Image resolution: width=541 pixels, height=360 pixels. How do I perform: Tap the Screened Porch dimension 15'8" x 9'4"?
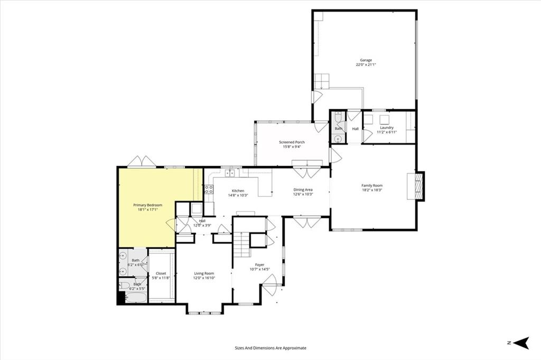[x=292, y=147]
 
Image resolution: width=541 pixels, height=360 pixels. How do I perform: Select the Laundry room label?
[x=386, y=128]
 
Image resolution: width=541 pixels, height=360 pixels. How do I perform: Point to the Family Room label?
[x=371, y=186]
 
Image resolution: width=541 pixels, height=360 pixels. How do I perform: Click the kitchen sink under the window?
[x=230, y=173]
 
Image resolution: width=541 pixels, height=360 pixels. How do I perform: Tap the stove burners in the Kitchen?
[x=209, y=190]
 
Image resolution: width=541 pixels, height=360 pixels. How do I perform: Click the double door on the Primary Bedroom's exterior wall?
[x=141, y=162]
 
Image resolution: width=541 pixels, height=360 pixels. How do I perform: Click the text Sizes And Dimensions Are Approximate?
[x=270, y=348]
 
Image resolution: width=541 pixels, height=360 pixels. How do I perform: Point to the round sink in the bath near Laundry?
[x=338, y=139]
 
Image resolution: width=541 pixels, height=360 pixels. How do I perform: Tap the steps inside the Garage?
[x=322, y=82]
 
